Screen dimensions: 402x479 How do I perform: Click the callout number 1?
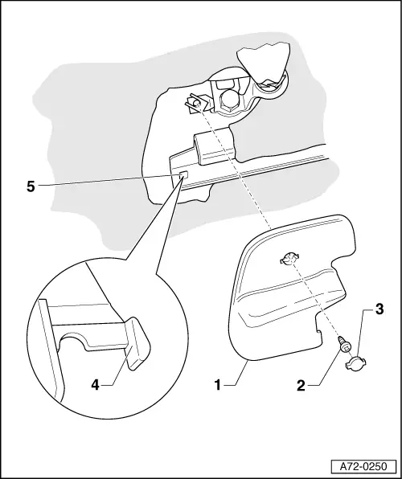(217, 385)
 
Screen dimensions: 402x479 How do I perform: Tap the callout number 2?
(301, 386)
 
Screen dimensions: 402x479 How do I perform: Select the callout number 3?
(379, 309)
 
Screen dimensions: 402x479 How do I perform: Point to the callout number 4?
(96, 385)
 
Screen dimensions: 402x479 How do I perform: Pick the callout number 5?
(31, 186)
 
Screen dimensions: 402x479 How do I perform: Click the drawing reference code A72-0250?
(363, 467)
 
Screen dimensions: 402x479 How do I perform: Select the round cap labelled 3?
(356, 364)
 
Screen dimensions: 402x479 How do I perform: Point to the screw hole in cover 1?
(289, 260)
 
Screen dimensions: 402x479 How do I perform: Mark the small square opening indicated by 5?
(183, 175)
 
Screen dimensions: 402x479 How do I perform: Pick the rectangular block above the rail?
(215, 146)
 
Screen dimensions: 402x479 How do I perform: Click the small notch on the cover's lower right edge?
(318, 330)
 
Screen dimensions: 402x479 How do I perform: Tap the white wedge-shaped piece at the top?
(264, 64)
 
